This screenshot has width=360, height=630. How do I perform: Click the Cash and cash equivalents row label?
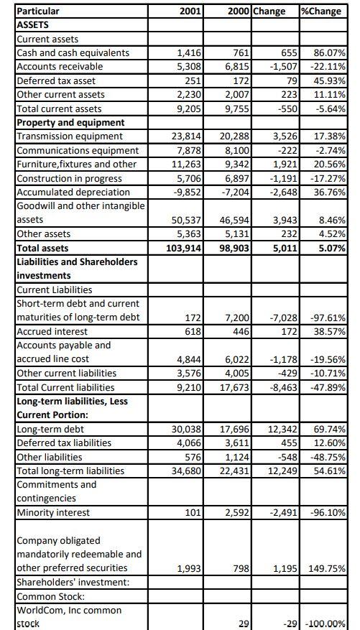[x=73, y=52]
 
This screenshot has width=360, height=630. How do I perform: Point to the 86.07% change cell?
[x=327, y=52]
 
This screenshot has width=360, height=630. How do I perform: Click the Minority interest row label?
[x=53, y=512]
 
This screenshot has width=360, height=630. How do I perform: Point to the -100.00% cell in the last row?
[x=324, y=624]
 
